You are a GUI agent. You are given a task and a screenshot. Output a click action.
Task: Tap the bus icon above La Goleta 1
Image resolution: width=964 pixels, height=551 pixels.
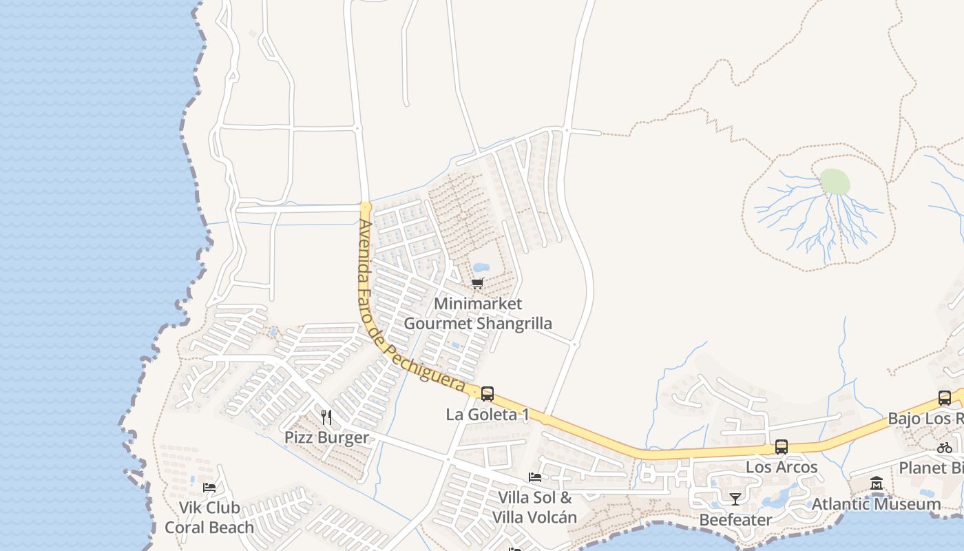488,394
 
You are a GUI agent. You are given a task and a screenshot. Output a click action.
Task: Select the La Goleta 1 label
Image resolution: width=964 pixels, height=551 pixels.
488,415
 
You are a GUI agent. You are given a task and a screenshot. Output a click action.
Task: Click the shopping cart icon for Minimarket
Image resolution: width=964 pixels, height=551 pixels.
478,283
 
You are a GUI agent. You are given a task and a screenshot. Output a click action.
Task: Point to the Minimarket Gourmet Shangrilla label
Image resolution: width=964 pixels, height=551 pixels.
478,313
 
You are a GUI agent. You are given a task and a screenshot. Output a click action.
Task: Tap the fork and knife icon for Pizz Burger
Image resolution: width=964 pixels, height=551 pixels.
326,417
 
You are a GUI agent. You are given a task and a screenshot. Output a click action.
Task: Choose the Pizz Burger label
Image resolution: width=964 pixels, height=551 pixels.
326,438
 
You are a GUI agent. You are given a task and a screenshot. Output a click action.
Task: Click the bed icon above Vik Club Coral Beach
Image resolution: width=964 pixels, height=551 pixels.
209,488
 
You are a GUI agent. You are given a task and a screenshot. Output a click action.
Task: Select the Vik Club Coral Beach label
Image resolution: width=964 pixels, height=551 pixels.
209,517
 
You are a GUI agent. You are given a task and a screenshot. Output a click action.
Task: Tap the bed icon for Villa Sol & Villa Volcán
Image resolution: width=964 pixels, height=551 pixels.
535,477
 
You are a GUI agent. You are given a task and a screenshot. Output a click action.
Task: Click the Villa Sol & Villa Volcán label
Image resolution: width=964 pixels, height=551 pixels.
535,507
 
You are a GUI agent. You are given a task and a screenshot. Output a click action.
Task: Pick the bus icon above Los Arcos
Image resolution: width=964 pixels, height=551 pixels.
782,446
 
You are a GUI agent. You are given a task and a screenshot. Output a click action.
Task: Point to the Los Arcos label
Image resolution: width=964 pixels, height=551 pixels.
782,467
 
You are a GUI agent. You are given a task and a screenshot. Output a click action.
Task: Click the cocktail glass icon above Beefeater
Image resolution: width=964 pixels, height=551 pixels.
735,499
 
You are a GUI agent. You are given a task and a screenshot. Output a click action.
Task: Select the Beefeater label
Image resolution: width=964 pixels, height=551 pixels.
735,519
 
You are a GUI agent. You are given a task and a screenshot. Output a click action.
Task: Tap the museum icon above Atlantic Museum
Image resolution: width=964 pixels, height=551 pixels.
877,484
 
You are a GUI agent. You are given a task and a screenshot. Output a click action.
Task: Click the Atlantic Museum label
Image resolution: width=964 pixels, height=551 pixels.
877,504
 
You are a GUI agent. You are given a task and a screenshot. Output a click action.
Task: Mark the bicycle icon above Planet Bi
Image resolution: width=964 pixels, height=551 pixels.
944,447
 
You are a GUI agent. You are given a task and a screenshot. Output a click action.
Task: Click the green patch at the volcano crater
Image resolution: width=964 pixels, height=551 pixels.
835,182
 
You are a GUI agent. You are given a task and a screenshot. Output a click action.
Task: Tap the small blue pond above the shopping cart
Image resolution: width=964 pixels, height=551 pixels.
481,267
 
